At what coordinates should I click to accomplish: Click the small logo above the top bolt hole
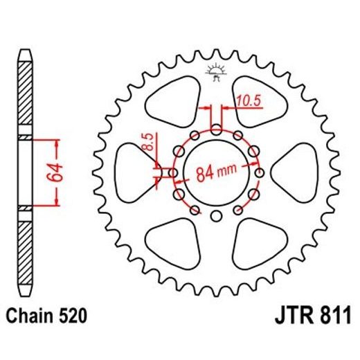point(215,71)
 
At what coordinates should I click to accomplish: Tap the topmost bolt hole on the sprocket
point(215,129)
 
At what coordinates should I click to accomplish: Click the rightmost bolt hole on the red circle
point(260,173)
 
